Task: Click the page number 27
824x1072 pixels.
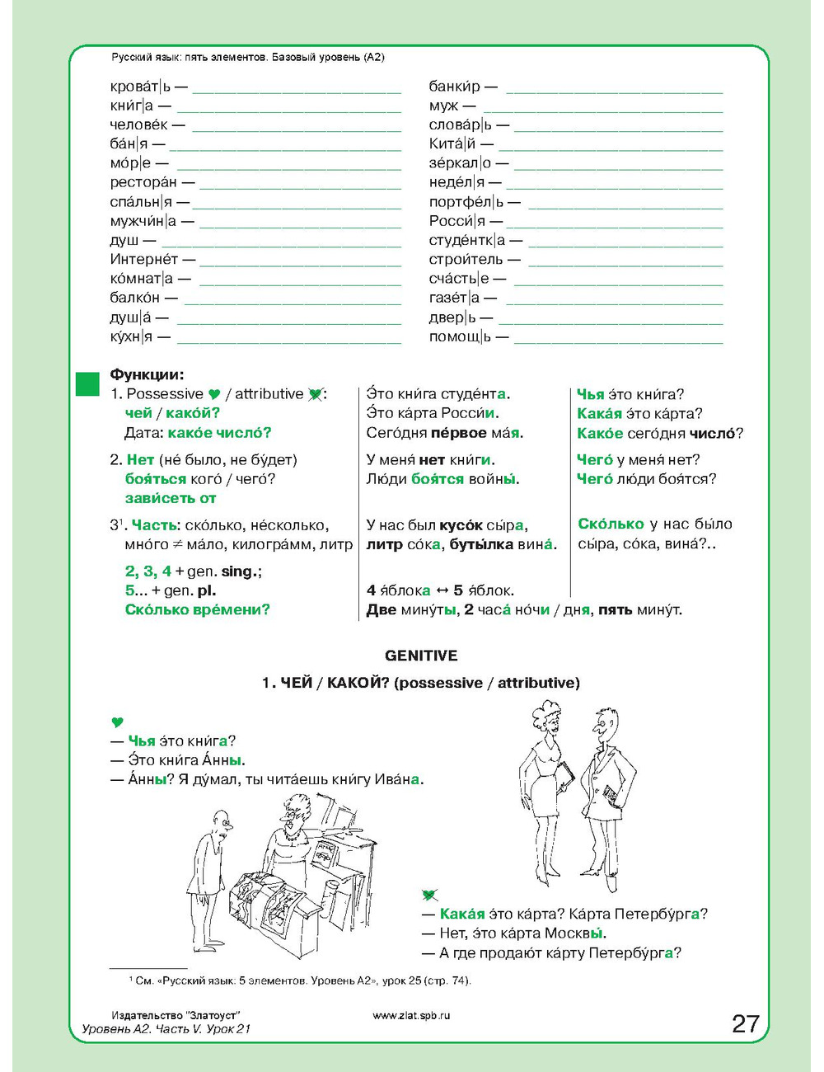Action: coord(745,1023)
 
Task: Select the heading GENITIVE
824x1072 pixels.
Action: coord(421,656)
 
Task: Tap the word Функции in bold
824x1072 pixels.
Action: coord(147,374)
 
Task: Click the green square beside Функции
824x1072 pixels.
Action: coord(87,383)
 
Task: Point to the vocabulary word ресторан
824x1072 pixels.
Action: coord(143,182)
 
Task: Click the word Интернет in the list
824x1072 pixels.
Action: coord(144,259)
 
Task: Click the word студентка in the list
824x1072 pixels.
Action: coord(466,240)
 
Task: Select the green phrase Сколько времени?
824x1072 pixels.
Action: coord(197,609)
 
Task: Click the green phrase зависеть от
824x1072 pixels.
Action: coord(171,498)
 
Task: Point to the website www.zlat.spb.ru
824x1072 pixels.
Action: coord(412,1015)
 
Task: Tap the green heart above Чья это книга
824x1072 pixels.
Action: coord(117,722)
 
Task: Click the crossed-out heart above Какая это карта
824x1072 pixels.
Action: coord(429,895)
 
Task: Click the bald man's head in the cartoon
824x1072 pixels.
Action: coord(221,820)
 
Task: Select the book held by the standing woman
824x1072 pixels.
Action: coord(565,775)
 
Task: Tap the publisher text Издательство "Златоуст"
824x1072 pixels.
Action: coord(175,1015)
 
